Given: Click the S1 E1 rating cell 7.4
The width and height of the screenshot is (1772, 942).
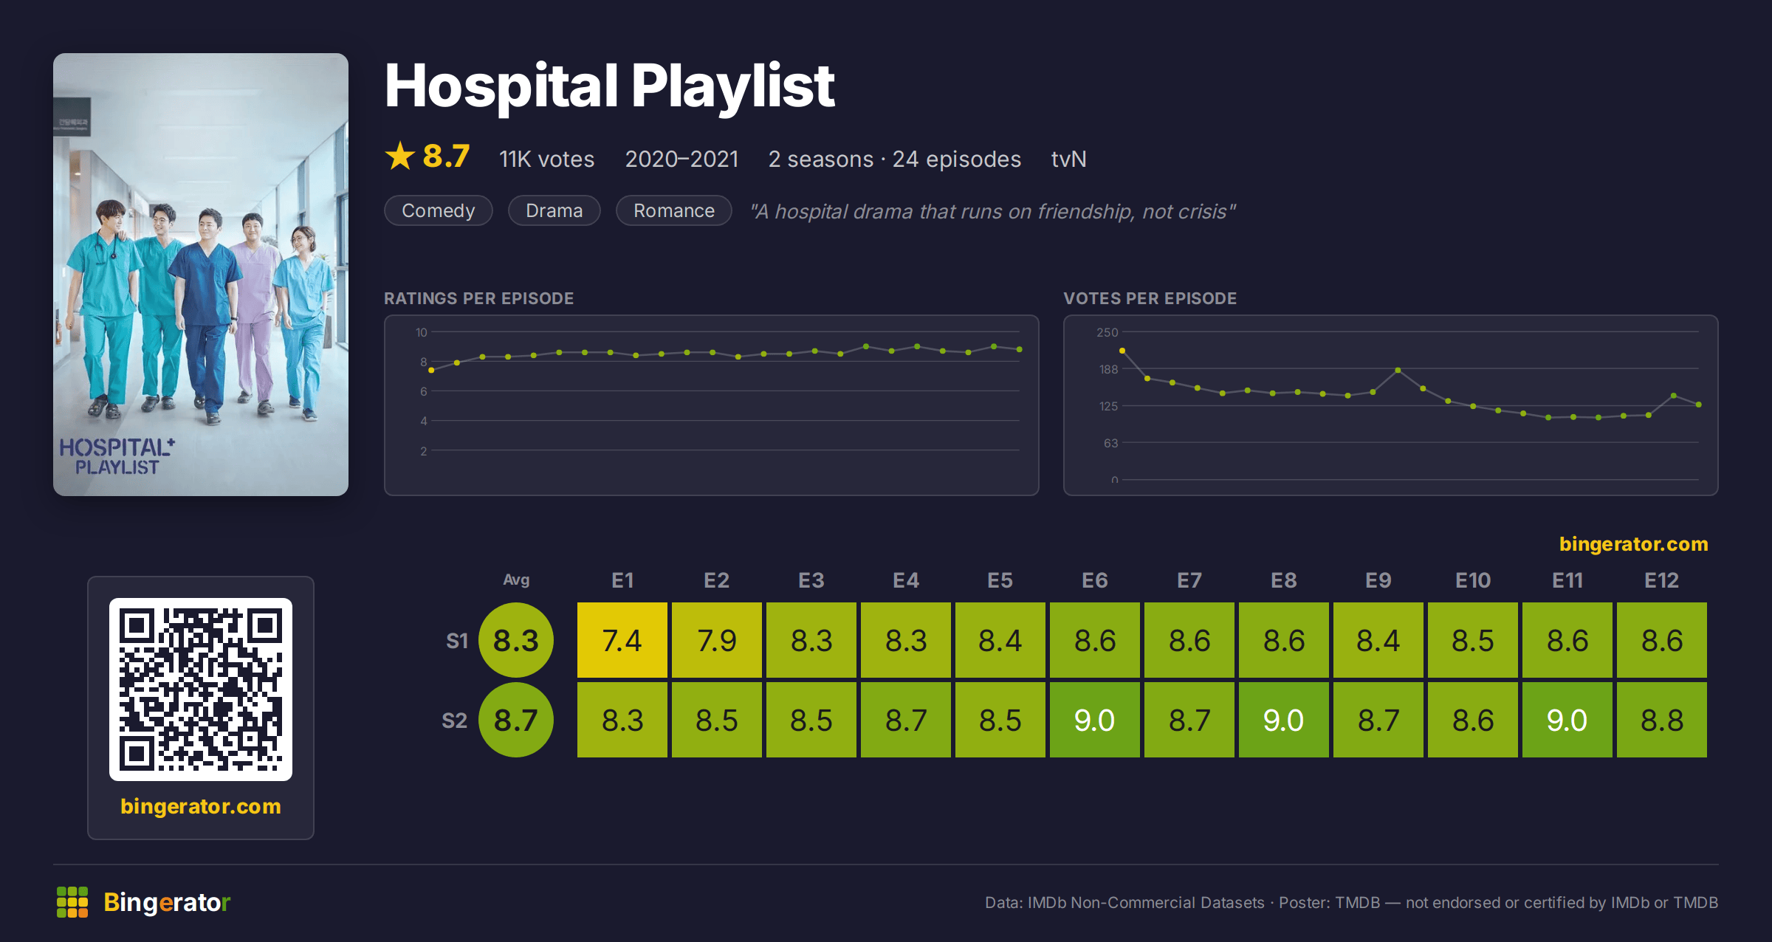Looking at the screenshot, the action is point(622,640).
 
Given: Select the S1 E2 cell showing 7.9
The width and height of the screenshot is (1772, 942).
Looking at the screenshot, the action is point(717,640).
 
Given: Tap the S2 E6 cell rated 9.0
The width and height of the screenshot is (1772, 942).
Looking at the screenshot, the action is point(1095,720).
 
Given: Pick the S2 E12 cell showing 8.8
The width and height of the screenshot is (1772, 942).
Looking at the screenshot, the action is point(1662,720).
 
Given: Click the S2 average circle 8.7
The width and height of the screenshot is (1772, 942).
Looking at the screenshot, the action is point(516,720).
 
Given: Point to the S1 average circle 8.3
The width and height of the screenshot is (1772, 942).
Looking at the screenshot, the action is point(516,640).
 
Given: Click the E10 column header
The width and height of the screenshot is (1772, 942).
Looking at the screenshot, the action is point(1473,580).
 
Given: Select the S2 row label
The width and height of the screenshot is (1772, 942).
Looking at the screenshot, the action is point(455,721).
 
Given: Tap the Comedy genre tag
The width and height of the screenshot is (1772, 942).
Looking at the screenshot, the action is point(439,210).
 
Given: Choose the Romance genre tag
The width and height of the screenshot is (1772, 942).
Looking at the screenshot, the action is point(674,210).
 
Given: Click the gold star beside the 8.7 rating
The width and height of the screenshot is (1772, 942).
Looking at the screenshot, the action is point(400,156).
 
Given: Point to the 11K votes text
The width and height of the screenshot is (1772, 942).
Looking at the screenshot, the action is point(546,159).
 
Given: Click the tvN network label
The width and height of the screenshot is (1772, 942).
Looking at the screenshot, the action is point(1068,159).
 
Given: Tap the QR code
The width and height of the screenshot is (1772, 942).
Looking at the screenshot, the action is point(201,690).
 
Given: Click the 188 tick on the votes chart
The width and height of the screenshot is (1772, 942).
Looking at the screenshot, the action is point(1109,369).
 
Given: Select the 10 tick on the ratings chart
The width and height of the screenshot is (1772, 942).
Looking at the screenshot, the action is point(422,332).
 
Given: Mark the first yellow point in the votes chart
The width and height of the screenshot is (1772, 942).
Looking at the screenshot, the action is point(1122,351).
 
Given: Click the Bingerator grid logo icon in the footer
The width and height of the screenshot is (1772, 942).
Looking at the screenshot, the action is point(72,902).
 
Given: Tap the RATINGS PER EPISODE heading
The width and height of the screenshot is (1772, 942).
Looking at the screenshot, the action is point(478,298).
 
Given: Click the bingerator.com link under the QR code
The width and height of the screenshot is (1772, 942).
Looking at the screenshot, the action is point(201,806).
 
